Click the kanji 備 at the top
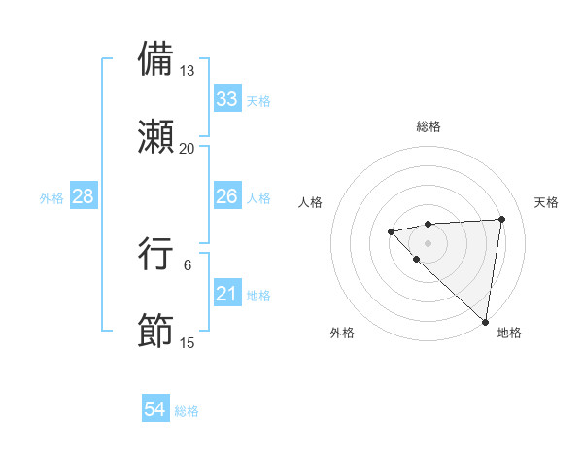[156, 58]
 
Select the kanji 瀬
[156, 135]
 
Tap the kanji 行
[156, 254]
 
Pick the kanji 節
[156, 331]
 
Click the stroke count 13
[188, 71]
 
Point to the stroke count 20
[188, 148]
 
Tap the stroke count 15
[188, 343]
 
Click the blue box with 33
[227, 99]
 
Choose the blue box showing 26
[227, 196]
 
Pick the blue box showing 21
[227, 294]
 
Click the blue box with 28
[84, 196]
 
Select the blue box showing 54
[155, 410]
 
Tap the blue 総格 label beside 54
[187, 411]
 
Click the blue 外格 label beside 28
[51, 197]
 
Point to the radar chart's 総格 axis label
[428, 126]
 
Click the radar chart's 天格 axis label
[547, 202]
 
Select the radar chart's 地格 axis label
[509, 333]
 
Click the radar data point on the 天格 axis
[501, 219]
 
